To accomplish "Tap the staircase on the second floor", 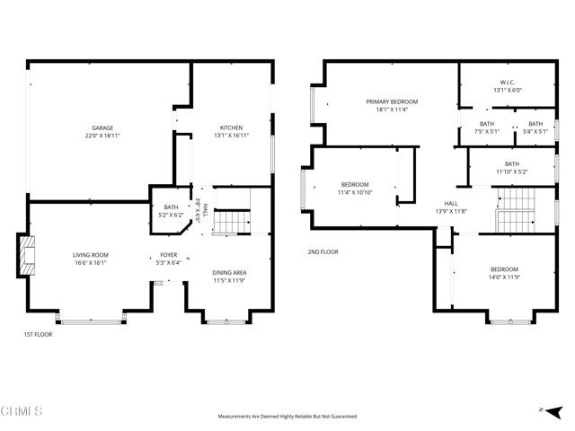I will tap(517, 210).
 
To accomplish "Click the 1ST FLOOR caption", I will tap(39, 334).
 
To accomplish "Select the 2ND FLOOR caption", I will tap(323, 252).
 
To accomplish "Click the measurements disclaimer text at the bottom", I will tap(287, 416).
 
